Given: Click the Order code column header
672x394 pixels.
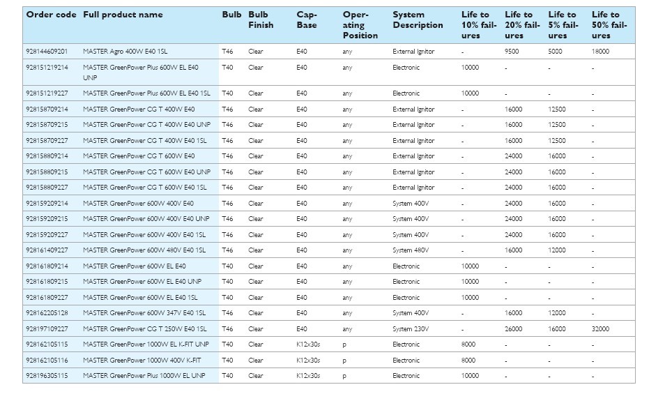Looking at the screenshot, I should (51, 15).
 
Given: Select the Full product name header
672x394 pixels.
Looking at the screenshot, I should (123, 15).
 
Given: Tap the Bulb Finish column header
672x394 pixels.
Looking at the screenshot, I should (261, 20).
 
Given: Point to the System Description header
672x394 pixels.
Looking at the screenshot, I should (418, 20).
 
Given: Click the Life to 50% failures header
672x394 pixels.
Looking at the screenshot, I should (609, 24).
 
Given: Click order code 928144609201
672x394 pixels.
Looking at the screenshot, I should (47, 52).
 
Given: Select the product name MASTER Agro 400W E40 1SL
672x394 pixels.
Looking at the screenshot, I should (125, 52).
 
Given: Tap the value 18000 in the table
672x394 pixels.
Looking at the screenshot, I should (600, 52).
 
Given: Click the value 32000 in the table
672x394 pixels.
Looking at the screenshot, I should (600, 329).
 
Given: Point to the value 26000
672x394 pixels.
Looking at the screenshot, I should (513, 329).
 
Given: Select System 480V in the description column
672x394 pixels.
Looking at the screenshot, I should (411, 250).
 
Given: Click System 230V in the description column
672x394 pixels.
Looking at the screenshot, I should (411, 329).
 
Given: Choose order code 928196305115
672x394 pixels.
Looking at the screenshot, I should (47, 376).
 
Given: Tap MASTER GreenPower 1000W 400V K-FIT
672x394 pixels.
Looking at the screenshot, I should (142, 361).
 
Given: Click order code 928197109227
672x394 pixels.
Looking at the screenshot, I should (47, 329).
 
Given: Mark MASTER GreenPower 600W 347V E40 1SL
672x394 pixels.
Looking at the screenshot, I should (144, 313).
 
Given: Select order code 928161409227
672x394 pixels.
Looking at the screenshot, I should (47, 250).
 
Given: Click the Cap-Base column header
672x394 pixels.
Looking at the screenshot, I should (307, 20).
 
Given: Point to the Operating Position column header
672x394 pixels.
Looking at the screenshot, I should (360, 24).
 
